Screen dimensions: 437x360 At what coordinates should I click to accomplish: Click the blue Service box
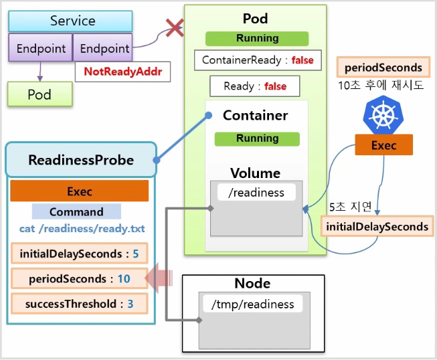(x=70, y=21)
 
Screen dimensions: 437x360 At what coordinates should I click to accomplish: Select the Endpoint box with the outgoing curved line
(x=102, y=48)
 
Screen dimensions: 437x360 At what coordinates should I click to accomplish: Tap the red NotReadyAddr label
(x=123, y=72)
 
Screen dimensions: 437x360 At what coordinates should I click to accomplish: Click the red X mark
(x=175, y=27)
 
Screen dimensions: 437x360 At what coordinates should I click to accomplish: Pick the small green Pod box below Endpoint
(x=40, y=94)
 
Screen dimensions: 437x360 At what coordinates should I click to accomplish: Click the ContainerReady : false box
(x=258, y=60)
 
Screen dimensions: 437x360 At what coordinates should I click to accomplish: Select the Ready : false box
(x=255, y=86)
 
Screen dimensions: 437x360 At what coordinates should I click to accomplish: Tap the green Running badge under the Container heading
(x=257, y=139)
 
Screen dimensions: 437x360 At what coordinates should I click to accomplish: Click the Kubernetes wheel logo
(x=383, y=115)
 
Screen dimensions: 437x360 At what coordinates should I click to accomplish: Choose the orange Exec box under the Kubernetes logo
(x=383, y=145)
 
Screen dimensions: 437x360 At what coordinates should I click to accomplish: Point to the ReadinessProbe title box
(x=81, y=160)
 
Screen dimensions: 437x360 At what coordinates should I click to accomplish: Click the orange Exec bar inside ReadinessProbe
(x=80, y=191)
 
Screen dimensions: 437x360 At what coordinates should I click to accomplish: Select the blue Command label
(x=76, y=211)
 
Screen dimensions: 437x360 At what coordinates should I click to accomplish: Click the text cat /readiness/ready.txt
(x=82, y=229)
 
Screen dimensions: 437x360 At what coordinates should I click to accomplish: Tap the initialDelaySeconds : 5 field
(x=80, y=254)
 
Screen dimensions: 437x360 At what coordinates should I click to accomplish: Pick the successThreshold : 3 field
(x=80, y=304)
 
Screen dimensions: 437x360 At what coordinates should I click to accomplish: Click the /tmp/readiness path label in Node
(x=253, y=304)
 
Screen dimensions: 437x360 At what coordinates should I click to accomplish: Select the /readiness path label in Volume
(x=256, y=192)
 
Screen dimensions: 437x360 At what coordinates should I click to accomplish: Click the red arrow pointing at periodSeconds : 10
(x=159, y=278)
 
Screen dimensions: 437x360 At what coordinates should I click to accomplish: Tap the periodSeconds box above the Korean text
(x=383, y=67)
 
